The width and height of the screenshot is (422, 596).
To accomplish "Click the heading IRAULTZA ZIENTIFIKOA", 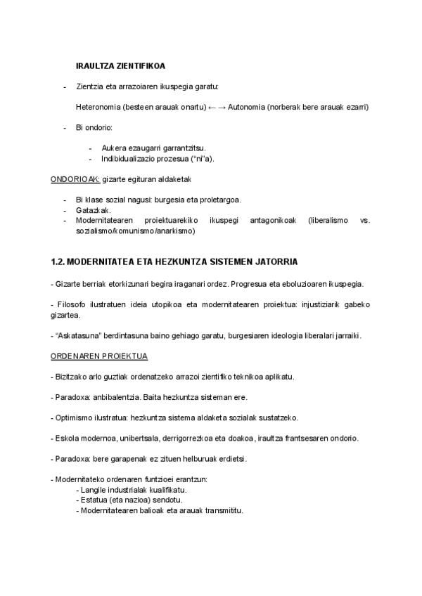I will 120,66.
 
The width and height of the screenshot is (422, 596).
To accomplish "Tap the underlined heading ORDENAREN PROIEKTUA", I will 98,356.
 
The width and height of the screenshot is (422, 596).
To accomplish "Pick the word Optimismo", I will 76,417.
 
